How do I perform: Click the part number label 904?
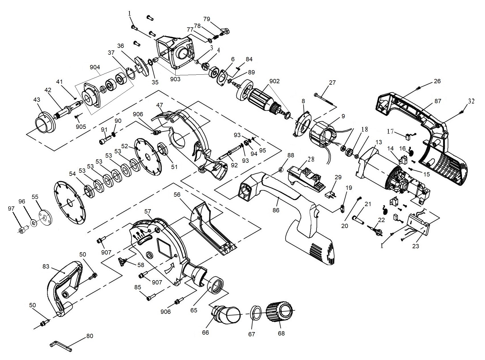pos(95,67)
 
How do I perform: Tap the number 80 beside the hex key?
pos(90,336)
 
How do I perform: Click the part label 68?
pos(281,333)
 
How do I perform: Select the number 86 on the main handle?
pos(276,210)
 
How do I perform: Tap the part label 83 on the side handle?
pos(46,267)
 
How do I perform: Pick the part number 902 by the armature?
pos(274,81)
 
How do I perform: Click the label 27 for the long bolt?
pos(332,83)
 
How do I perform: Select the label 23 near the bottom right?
pos(416,246)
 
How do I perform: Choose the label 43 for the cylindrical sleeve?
pos(37,100)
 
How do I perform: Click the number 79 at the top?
pos(207,19)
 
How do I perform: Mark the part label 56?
pos(177,194)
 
